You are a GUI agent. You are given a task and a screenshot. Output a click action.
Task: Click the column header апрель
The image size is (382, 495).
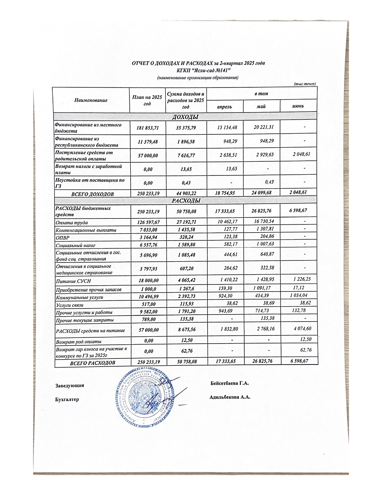click(x=224, y=106)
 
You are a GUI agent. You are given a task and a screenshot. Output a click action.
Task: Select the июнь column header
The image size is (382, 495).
click(x=298, y=106)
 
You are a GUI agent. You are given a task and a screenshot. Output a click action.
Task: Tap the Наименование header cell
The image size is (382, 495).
click(x=91, y=100)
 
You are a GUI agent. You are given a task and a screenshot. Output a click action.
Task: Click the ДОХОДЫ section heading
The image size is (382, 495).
click(x=185, y=117)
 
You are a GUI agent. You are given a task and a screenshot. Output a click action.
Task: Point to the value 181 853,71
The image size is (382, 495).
click(x=147, y=128)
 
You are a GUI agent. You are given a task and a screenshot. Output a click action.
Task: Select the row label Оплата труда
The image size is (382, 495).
click(x=72, y=223)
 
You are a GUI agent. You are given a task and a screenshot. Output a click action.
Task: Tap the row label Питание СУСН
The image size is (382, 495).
click(x=73, y=281)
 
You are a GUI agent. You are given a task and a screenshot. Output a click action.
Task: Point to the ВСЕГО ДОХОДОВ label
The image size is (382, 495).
click(x=92, y=194)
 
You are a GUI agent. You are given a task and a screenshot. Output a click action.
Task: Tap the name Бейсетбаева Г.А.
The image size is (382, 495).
click(x=229, y=383)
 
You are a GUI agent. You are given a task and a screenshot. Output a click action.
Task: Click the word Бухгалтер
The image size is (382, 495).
click(x=67, y=399)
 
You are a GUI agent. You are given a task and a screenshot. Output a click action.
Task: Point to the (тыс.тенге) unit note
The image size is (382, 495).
click(x=305, y=84)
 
